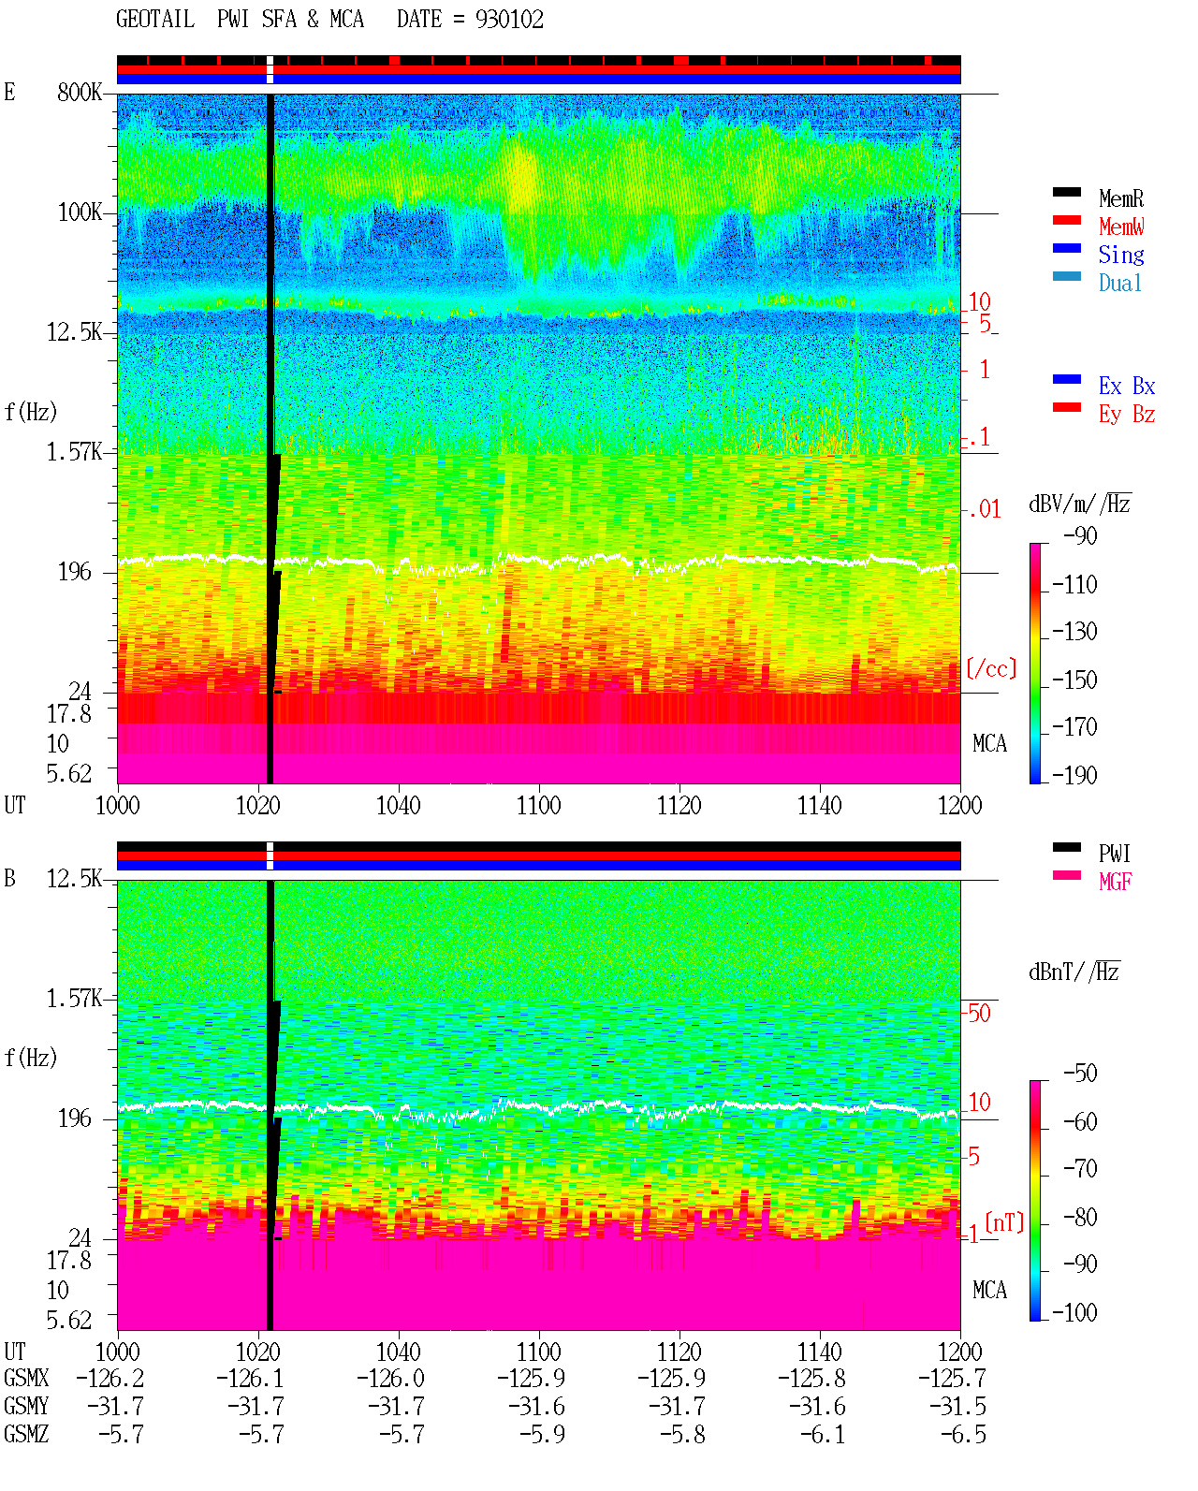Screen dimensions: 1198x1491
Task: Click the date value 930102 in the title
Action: [509, 20]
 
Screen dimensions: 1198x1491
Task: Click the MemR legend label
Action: [1121, 198]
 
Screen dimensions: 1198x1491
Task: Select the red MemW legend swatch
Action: [1066, 220]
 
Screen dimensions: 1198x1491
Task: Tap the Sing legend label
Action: [1121, 255]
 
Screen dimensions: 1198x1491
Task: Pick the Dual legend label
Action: [1120, 283]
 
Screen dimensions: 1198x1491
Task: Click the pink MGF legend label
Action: [1115, 882]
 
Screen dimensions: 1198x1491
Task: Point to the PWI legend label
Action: [1115, 854]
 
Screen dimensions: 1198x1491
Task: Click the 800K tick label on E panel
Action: [80, 92]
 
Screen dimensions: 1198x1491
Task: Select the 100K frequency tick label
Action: [80, 212]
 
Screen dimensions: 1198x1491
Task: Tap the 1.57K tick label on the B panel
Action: [74, 999]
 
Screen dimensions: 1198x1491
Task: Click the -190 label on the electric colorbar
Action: [1074, 775]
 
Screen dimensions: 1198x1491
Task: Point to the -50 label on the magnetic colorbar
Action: [1080, 1074]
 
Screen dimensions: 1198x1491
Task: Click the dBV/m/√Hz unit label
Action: [1080, 504]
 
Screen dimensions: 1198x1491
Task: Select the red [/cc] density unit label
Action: [991, 668]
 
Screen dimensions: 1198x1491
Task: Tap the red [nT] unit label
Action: [1004, 1222]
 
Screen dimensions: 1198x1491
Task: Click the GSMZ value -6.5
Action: [963, 1435]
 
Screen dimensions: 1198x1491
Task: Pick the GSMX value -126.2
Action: [110, 1379]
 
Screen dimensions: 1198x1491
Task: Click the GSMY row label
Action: [26, 1407]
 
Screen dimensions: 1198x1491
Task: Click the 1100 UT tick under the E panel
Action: [538, 806]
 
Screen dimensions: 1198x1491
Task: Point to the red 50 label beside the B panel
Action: [978, 1014]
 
